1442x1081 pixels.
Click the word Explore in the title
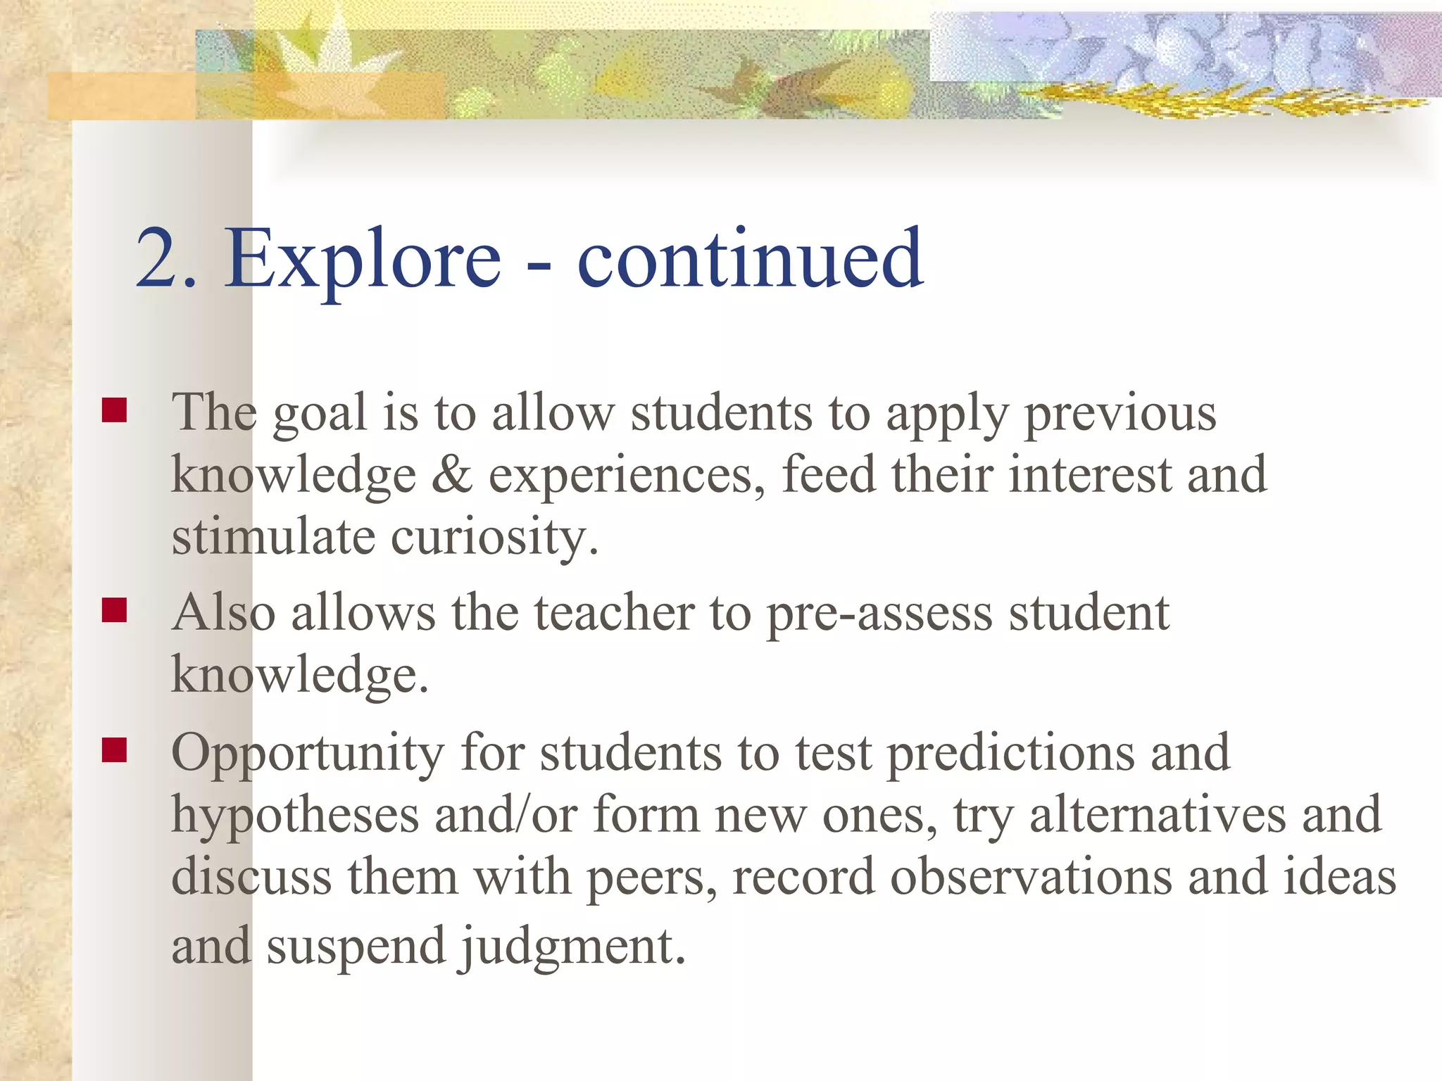coord(363,259)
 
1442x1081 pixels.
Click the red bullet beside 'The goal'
coord(114,410)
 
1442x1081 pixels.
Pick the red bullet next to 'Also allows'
coord(114,610)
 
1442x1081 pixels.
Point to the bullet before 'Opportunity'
coord(114,750)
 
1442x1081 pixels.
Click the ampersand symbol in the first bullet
coord(451,475)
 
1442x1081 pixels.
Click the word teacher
coord(614,612)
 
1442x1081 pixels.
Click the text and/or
coord(506,815)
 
